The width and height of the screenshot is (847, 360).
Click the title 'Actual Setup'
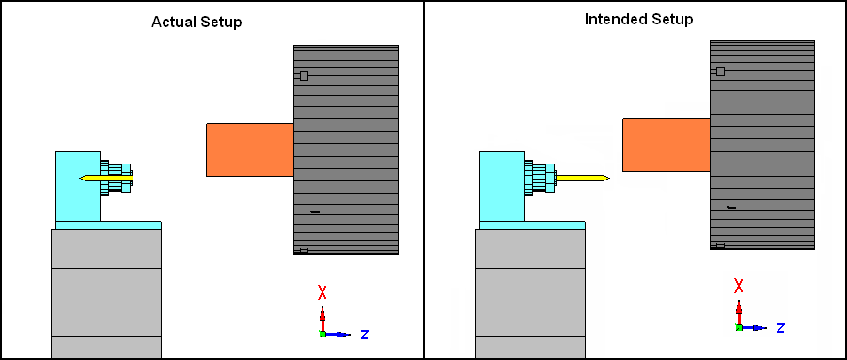(x=196, y=23)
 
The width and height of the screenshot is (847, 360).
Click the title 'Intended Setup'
(x=638, y=20)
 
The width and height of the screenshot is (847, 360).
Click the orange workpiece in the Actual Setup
(x=250, y=149)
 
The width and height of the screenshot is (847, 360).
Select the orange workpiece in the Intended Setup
(x=667, y=145)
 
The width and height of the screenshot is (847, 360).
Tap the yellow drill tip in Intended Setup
(x=610, y=178)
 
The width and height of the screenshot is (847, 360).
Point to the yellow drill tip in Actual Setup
(x=80, y=178)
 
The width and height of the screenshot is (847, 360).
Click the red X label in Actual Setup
(x=322, y=293)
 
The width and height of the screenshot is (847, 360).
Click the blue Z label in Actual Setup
(x=365, y=335)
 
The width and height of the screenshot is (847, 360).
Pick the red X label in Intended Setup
(x=739, y=286)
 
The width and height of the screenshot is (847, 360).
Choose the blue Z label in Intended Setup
(x=781, y=328)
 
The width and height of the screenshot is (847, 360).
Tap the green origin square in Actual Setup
(x=322, y=334)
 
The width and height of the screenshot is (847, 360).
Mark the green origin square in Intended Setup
(x=739, y=327)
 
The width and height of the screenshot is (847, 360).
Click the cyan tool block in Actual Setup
(x=78, y=186)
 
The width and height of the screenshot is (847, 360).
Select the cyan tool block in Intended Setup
(x=502, y=186)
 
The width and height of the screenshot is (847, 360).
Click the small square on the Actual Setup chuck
(x=305, y=76)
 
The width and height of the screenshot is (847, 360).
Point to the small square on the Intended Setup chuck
(x=721, y=71)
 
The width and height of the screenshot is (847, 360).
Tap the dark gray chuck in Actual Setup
(x=346, y=149)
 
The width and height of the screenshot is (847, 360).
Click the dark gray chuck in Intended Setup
(x=762, y=145)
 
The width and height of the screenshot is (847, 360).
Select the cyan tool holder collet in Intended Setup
(x=540, y=178)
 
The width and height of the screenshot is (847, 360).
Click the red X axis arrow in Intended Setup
(x=739, y=313)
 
